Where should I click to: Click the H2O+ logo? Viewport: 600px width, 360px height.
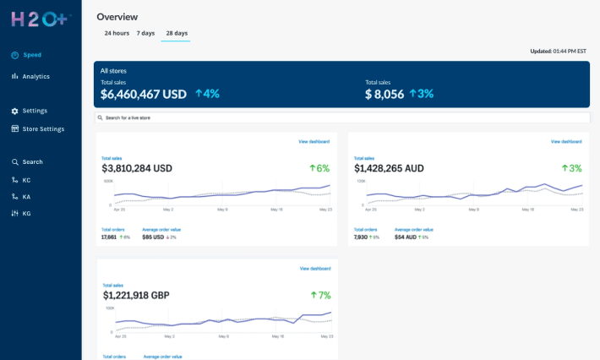tap(41, 19)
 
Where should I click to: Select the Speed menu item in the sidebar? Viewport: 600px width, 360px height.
tap(31, 55)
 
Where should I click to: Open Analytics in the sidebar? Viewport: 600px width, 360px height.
tap(35, 77)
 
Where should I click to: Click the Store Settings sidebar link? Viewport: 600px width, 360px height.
tap(42, 129)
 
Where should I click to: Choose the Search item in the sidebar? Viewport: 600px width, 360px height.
tap(32, 162)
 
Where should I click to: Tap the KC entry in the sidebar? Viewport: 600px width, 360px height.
tap(26, 180)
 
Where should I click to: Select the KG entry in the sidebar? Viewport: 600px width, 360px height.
tap(26, 214)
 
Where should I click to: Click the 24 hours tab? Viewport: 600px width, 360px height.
tap(117, 33)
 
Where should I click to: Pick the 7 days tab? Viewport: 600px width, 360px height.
tap(145, 33)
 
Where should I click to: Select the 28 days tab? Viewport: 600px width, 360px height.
tap(177, 33)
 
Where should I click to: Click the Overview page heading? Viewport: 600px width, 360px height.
tap(117, 17)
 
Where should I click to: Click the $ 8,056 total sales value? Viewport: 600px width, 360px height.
tap(385, 95)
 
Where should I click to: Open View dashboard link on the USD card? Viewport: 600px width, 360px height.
tap(314, 141)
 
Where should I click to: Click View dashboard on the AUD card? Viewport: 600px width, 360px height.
tap(566, 141)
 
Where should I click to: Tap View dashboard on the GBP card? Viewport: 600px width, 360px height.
tap(315, 269)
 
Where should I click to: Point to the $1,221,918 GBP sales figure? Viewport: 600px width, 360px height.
tap(136, 296)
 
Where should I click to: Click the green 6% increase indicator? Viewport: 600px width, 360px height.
tap(319, 168)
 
